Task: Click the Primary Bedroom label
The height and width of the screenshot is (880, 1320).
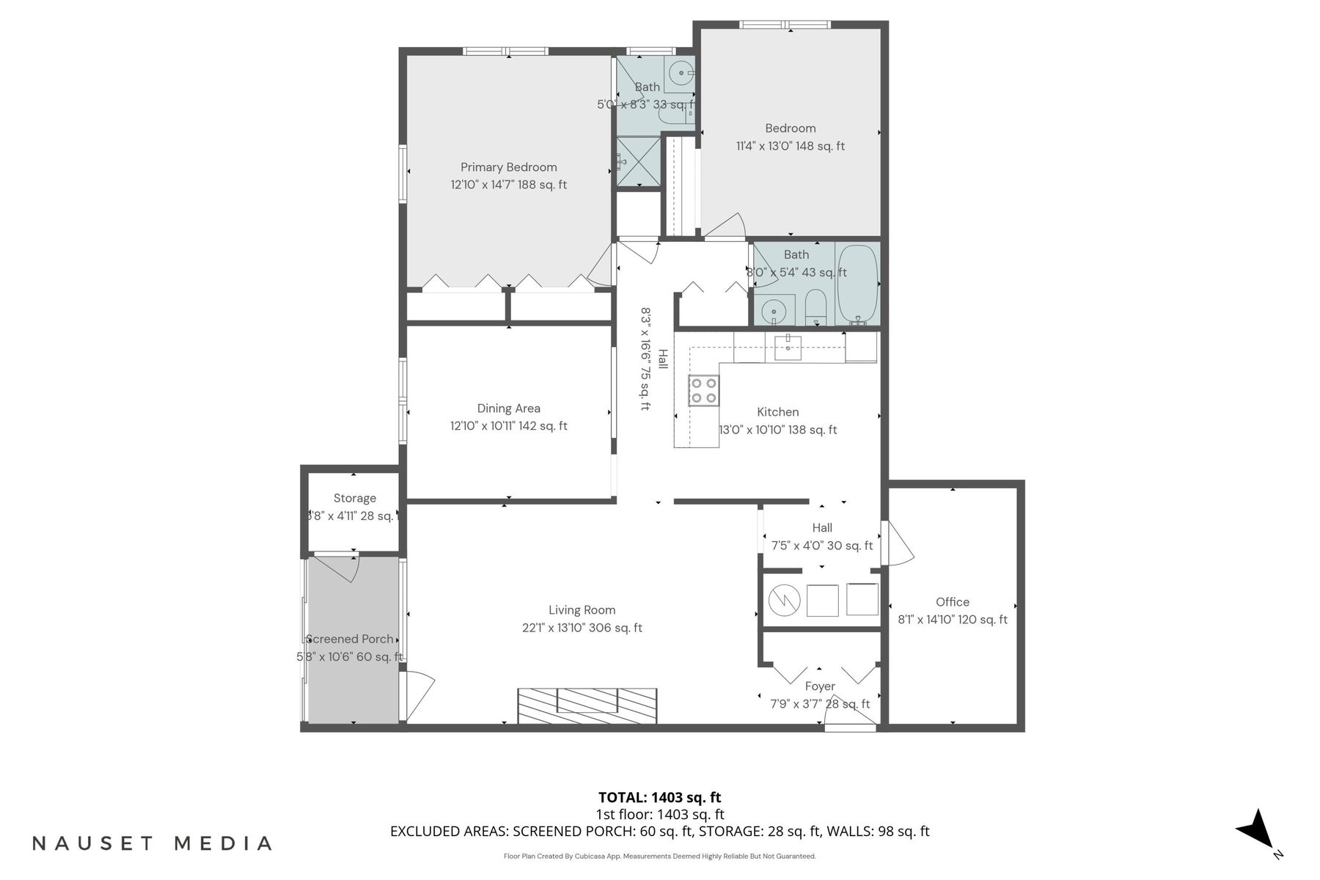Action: (508, 167)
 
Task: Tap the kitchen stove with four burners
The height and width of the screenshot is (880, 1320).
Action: (703, 390)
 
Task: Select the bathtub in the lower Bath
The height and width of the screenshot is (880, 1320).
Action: (857, 285)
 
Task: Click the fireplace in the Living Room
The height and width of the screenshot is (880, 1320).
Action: (587, 705)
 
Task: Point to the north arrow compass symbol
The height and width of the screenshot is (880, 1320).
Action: (1258, 832)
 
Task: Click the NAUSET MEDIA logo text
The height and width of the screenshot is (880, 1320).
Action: (153, 843)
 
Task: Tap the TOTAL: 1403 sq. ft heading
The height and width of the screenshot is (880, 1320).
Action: (659, 797)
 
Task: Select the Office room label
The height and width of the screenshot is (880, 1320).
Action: (952, 602)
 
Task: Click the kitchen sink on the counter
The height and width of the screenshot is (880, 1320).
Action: (787, 347)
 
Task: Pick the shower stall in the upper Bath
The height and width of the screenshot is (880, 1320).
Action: (638, 162)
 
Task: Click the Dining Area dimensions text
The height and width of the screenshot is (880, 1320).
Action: (508, 426)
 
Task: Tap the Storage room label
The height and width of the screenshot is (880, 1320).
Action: (354, 499)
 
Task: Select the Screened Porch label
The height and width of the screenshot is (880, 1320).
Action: (350, 639)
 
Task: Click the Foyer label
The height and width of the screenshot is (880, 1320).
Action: (819, 686)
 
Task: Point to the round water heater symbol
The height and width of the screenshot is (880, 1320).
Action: (783, 601)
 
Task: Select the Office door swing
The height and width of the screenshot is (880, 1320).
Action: (898, 544)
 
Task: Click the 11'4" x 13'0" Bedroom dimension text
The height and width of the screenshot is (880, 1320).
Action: (790, 146)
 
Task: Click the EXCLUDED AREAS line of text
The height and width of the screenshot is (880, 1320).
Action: (659, 832)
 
